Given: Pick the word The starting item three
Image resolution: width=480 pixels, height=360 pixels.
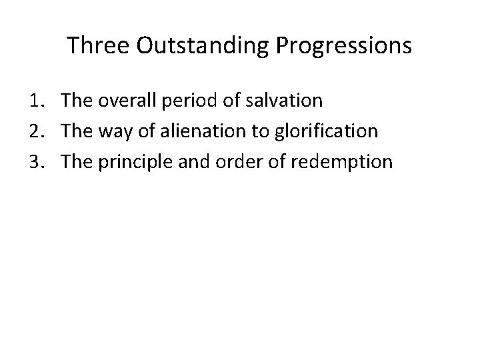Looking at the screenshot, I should point(78,161).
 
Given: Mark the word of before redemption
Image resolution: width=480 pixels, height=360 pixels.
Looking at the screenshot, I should point(275,161).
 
